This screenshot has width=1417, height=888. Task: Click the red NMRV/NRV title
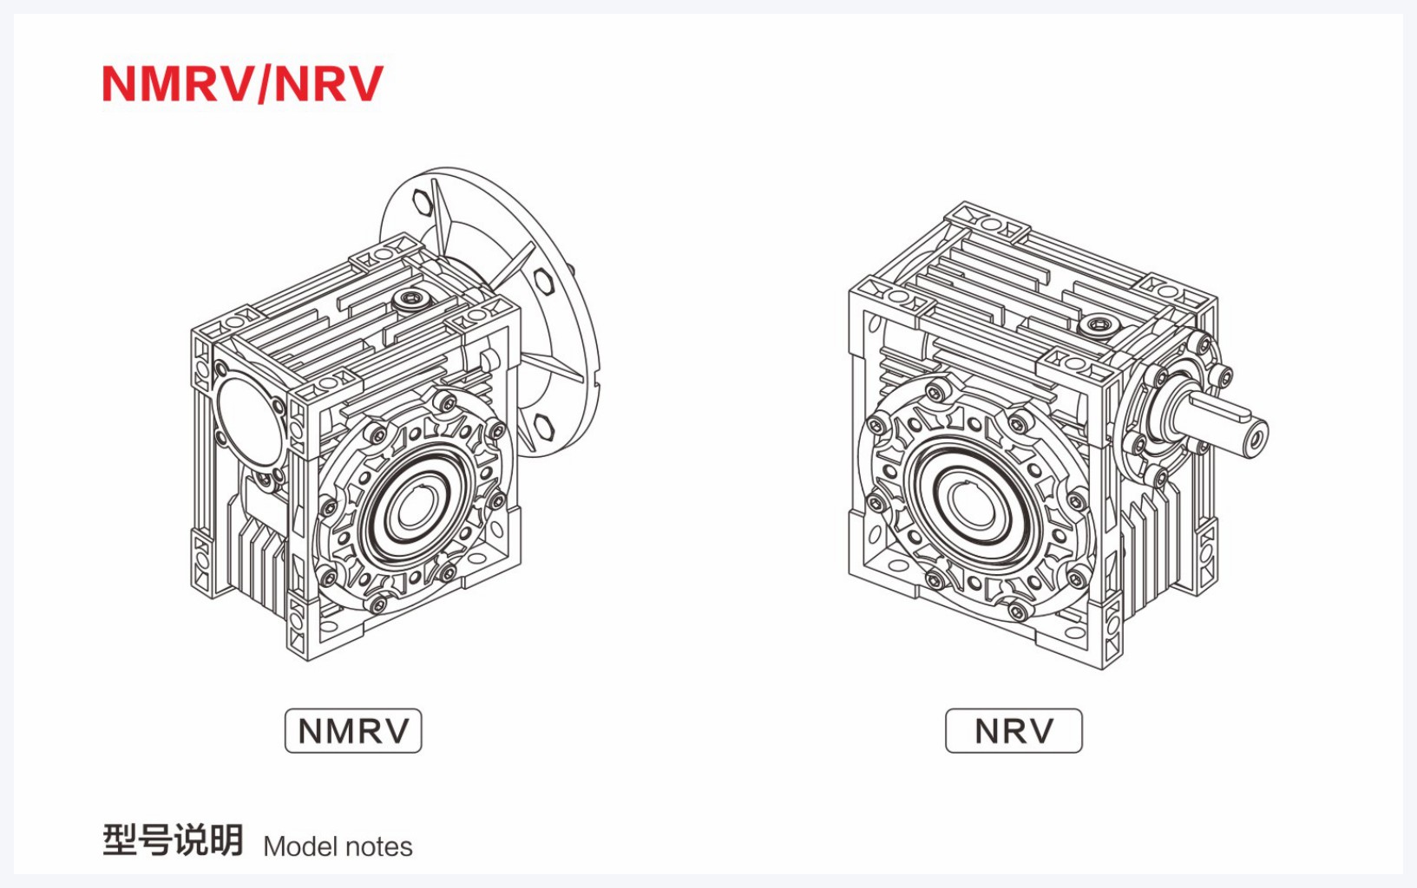click(x=243, y=83)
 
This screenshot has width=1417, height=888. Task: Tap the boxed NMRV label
click(x=353, y=731)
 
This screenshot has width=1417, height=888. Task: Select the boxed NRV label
click(x=1014, y=731)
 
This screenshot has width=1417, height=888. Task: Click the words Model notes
click(x=338, y=847)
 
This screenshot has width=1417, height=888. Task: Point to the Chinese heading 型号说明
click(x=173, y=840)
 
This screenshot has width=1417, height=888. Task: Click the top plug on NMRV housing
click(x=411, y=299)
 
